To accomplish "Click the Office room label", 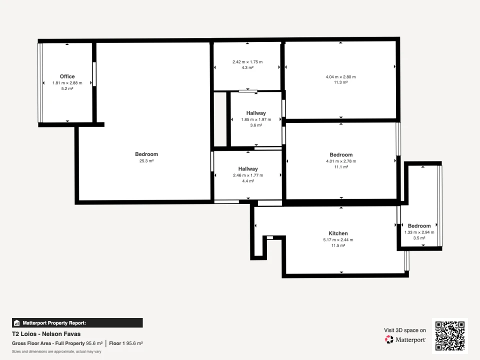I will point(67,76).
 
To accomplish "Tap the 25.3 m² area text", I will point(146,161).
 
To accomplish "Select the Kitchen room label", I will point(338,233).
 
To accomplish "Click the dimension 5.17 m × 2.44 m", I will point(338,240).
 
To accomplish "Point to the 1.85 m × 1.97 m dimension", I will point(256,119).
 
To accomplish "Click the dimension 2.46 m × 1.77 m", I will point(248,175).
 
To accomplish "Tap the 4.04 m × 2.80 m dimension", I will point(340,77).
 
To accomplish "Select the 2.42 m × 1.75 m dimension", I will point(247,62).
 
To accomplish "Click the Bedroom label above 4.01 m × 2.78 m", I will point(341,155).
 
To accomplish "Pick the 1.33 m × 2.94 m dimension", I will point(419,232).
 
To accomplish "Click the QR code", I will point(450,336).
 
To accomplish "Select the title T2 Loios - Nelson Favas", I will point(46,333).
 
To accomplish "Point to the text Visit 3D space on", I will point(405,330).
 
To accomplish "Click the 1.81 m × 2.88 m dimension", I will point(67,82).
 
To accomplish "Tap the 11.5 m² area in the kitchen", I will point(338,245).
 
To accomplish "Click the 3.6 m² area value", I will point(256,125).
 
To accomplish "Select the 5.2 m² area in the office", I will point(67,88).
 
